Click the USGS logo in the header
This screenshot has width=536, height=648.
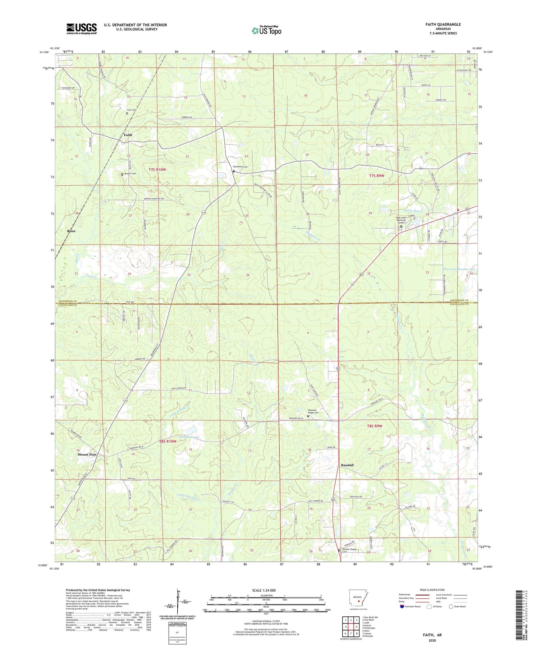pyautogui.click(x=81, y=29)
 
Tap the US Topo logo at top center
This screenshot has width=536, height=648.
pyautogui.click(x=266, y=30)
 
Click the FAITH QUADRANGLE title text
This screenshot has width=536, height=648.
pyautogui.click(x=443, y=24)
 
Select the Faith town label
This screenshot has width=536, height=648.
pyautogui.click(x=128, y=135)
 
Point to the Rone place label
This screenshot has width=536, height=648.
pyautogui.click(x=71, y=231)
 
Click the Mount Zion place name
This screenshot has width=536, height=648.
pyautogui.click(x=87, y=455)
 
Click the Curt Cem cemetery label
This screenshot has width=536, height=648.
pyautogui.click(x=131, y=110)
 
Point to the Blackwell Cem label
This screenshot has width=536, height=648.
pyautogui.click(x=240, y=167)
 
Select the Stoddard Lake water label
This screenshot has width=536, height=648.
pyautogui.click(x=189, y=437)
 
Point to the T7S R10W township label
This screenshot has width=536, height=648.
pyautogui.click(x=157, y=170)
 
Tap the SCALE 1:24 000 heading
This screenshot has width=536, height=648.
pyautogui.click(x=264, y=590)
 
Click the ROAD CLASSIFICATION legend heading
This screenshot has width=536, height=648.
pyautogui.click(x=432, y=590)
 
